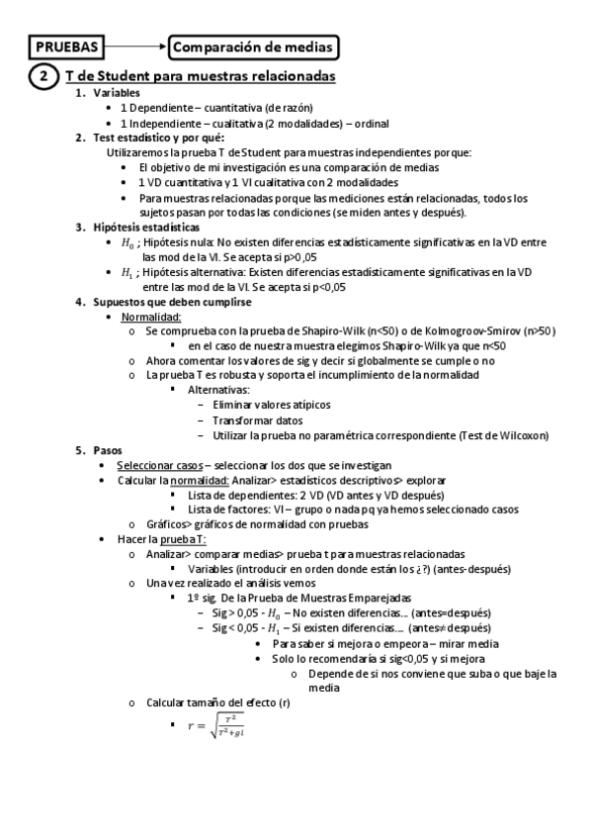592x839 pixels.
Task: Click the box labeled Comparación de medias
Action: (x=254, y=47)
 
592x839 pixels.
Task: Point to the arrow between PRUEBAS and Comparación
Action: (x=135, y=47)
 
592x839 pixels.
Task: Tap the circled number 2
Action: (x=42, y=76)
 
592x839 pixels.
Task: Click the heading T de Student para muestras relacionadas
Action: (x=200, y=76)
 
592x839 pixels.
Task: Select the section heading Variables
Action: (x=116, y=93)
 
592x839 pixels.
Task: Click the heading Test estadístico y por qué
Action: (x=158, y=138)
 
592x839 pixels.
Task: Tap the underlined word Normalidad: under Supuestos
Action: (x=151, y=317)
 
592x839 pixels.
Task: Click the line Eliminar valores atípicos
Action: (x=272, y=405)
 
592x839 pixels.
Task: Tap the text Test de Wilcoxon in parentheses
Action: (x=504, y=434)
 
